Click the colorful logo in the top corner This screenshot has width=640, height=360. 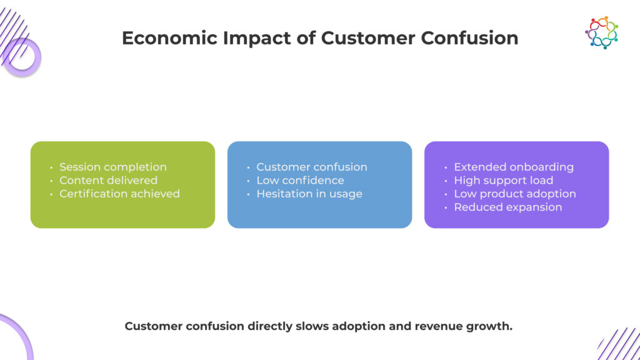[x=601, y=32]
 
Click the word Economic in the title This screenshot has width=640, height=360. [x=157, y=38]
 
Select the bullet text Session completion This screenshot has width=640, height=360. [x=112, y=167]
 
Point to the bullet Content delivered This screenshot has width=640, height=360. [x=108, y=181]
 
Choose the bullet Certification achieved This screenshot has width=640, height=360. [x=119, y=194]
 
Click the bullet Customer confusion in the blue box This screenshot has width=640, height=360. [x=311, y=167]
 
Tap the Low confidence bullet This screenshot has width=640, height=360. [x=300, y=181]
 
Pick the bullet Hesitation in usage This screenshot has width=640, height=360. [x=309, y=194]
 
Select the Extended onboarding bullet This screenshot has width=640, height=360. [x=513, y=167]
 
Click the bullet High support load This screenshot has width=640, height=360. [x=503, y=181]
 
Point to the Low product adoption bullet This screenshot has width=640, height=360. [x=514, y=194]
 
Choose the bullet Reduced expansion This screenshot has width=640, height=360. [x=507, y=207]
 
